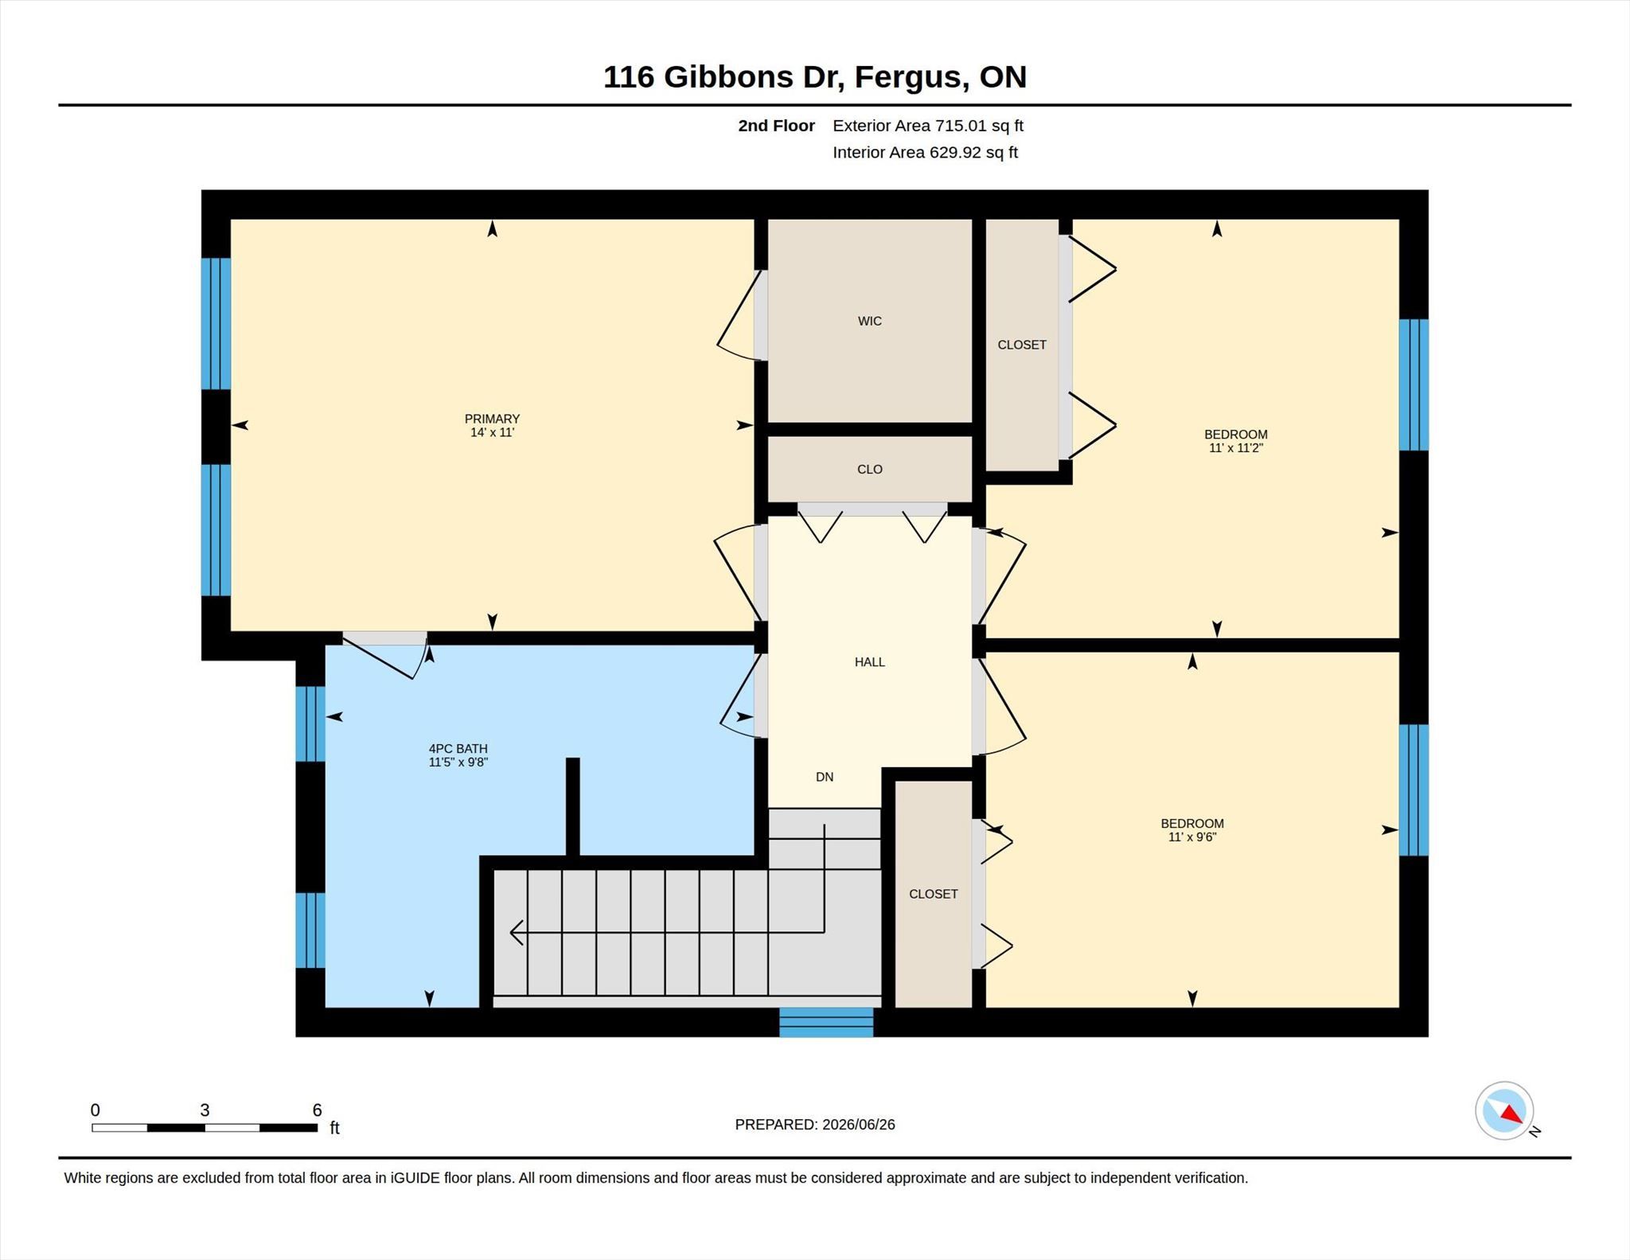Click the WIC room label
point(869,321)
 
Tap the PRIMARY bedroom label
point(492,419)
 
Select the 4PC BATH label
point(458,748)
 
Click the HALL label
point(869,661)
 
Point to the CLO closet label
point(869,469)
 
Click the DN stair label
point(825,777)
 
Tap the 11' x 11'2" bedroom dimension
point(1235,448)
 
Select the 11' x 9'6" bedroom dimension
point(1191,837)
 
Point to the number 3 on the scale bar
point(205,1110)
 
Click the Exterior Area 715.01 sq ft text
point(927,126)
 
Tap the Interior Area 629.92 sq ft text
point(925,153)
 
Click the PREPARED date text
point(815,1125)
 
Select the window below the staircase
point(826,1022)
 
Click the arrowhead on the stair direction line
point(517,932)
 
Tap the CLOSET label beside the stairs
point(933,894)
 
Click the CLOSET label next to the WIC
point(1022,345)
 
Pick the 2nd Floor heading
point(776,126)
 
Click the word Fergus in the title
point(911,78)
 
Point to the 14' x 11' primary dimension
point(492,433)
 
